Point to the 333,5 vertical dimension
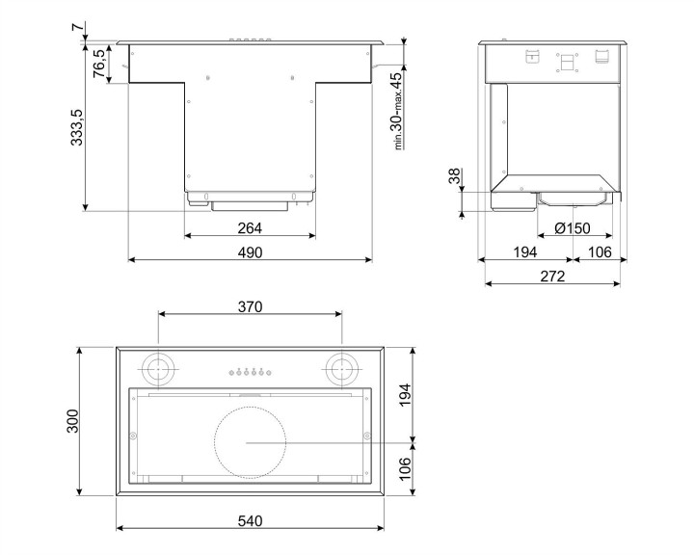tap(76, 126)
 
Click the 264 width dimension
tap(250, 228)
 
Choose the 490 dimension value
tap(250, 252)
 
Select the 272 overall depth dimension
tap(553, 277)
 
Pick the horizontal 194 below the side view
tap(524, 252)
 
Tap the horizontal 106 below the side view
tap(600, 252)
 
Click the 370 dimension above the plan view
tap(250, 306)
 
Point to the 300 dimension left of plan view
tap(74, 422)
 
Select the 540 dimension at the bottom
tap(250, 521)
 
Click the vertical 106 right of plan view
tap(405, 469)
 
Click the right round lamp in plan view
tap(339, 368)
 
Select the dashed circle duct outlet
tap(249, 442)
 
